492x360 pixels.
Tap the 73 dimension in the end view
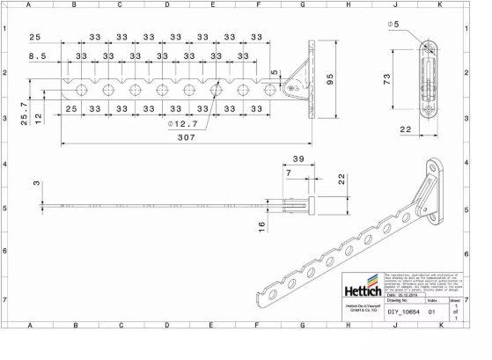click(408, 80)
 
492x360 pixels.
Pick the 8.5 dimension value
click(38, 55)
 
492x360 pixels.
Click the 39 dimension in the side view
click(297, 159)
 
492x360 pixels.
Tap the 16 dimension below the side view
click(261, 227)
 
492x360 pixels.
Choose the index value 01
click(432, 311)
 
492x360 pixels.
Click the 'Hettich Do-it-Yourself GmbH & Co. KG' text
click(363, 309)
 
